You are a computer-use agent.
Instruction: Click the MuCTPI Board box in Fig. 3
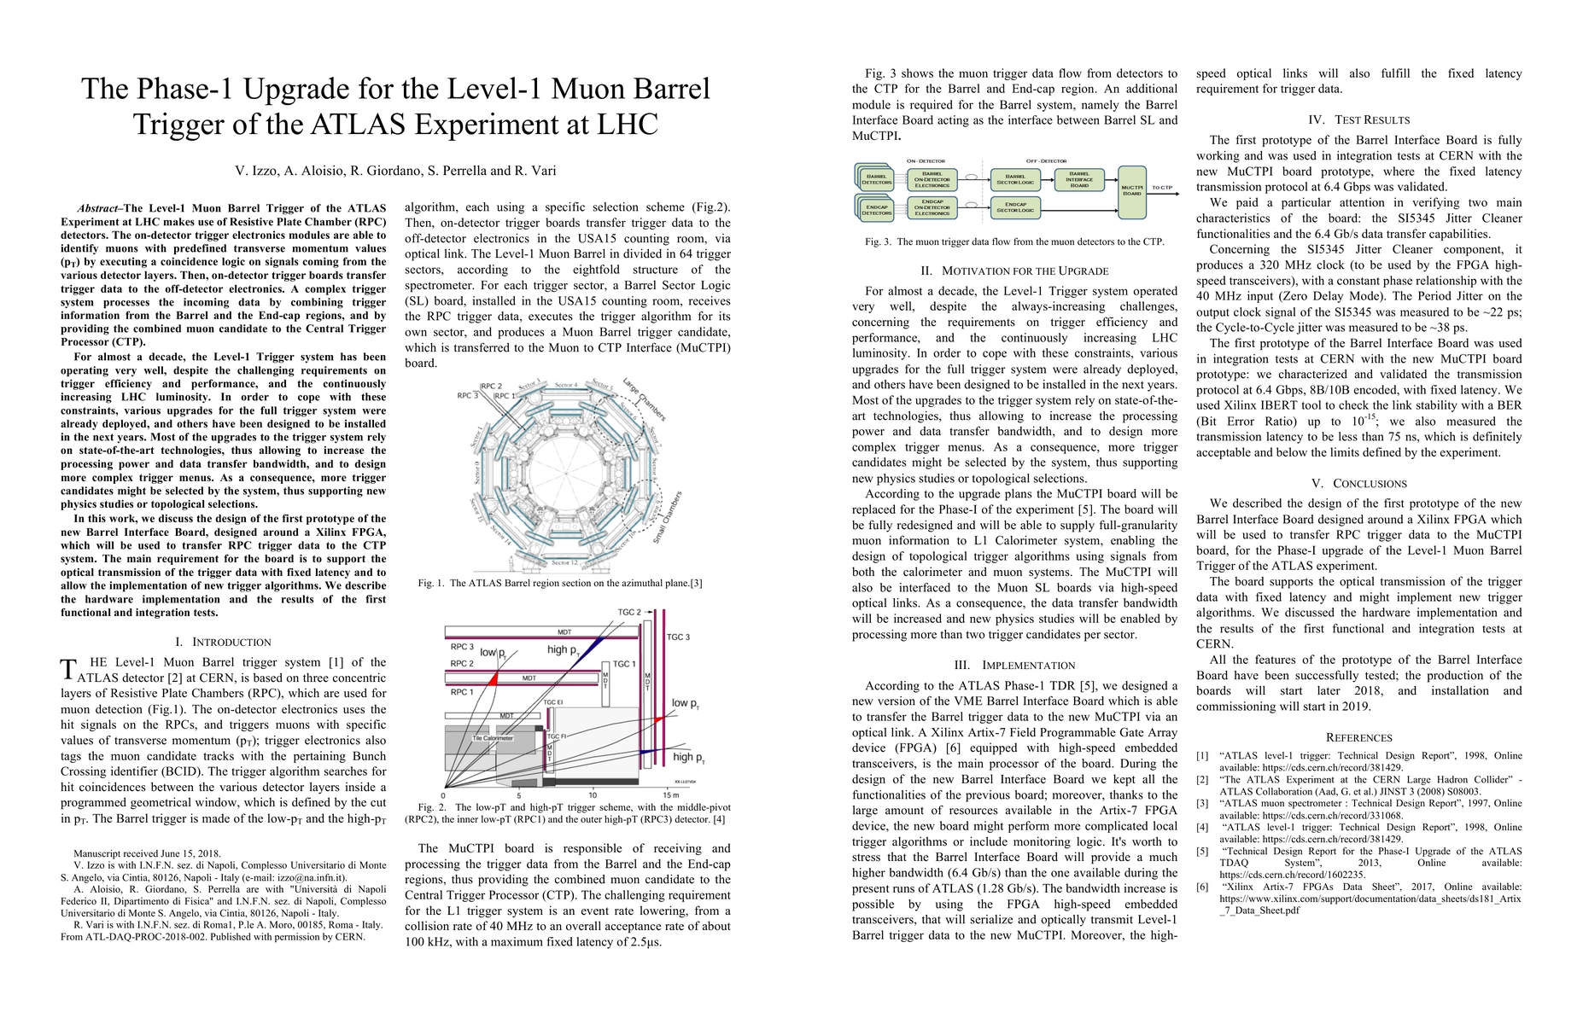click(1131, 189)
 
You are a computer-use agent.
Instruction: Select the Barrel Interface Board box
click(1079, 181)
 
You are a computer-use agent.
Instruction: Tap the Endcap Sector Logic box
click(1015, 207)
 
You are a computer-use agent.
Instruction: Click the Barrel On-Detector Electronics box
click(932, 181)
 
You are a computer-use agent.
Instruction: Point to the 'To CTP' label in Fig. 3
click(1162, 188)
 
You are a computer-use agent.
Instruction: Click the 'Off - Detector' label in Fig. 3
click(1046, 160)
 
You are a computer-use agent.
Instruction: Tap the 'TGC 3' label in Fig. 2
click(678, 637)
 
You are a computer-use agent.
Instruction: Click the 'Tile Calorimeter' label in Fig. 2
click(493, 738)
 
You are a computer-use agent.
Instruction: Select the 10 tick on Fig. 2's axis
click(593, 794)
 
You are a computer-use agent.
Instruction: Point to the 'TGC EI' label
click(553, 702)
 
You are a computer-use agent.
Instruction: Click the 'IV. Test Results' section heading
click(1358, 120)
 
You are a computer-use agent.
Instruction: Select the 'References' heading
click(1358, 737)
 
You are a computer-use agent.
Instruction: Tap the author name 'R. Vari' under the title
click(534, 171)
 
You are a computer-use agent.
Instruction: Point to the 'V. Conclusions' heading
click(1358, 484)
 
